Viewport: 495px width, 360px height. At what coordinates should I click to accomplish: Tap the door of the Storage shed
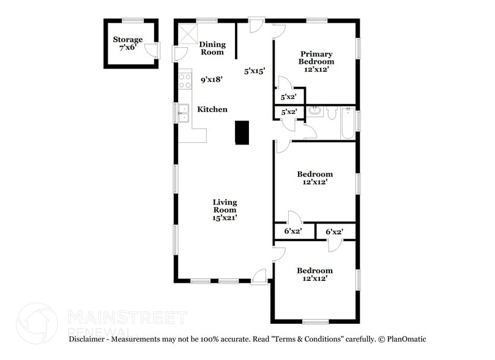(152, 51)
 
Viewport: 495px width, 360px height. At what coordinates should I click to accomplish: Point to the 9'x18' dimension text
(211, 79)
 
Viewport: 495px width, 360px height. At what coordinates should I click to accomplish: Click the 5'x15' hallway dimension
(254, 71)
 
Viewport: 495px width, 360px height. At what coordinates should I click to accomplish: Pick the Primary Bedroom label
(316, 58)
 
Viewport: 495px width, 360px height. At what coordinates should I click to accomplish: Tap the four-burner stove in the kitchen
(185, 81)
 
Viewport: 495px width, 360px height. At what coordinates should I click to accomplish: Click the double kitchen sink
(184, 113)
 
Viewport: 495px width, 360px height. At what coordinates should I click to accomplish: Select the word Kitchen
(212, 110)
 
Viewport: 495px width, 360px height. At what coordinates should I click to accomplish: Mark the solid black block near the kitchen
(243, 132)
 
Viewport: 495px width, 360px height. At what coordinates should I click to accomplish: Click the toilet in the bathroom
(331, 113)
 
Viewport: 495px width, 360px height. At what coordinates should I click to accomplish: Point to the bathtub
(346, 122)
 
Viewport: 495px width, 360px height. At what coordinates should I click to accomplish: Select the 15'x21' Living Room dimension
(225, 217)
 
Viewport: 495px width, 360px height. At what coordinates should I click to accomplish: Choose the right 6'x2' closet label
(333, 232)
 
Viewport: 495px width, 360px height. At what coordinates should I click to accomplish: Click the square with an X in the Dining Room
(187, 33)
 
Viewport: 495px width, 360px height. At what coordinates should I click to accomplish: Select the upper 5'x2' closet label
(289, 97)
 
